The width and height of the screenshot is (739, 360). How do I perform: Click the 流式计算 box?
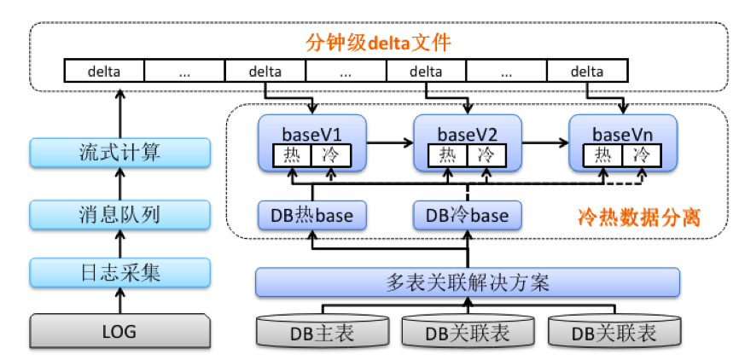point(119,153)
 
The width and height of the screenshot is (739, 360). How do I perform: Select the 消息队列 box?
point(119,213)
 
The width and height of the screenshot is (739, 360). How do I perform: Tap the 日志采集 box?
point(119,273)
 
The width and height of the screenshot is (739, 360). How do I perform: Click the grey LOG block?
point(119,330)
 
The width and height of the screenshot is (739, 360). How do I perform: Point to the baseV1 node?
point(311,134)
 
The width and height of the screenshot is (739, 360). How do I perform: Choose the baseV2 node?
point(467,134)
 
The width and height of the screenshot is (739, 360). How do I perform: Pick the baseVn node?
point(623,134)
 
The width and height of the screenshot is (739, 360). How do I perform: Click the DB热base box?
point(311,215)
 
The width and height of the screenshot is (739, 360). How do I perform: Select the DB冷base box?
point(467,215)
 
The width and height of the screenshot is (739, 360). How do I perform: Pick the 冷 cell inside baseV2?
point(486,154)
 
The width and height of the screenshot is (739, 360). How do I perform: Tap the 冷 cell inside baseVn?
point(641,154)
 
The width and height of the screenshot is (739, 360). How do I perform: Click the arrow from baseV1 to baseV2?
point(390,143)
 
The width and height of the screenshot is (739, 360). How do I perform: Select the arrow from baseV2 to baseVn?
point(545,143)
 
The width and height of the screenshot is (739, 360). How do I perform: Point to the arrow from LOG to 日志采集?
point(119,301)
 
